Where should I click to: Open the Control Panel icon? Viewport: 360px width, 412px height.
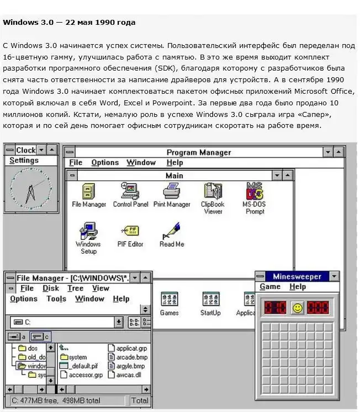[x=130, y=191]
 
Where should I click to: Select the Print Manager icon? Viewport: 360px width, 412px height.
[x=171, y=191]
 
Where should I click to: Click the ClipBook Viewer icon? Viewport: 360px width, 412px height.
[x=212, y=191]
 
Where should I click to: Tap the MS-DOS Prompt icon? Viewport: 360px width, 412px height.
[x=255, y=191]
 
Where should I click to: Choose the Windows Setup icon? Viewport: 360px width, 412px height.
[x=88, y=232]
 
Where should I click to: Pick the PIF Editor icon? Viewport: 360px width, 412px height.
[x=130, y=231]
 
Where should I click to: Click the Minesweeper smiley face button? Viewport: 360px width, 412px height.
[x=298, y=308]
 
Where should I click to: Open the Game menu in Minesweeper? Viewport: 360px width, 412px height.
[x=270, y=287]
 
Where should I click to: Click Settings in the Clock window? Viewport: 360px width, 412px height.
[x=24, y=160]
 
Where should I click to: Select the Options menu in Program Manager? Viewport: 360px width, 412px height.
[x=105, y=163]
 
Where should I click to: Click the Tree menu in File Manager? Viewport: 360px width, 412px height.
[x=75, y=288]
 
